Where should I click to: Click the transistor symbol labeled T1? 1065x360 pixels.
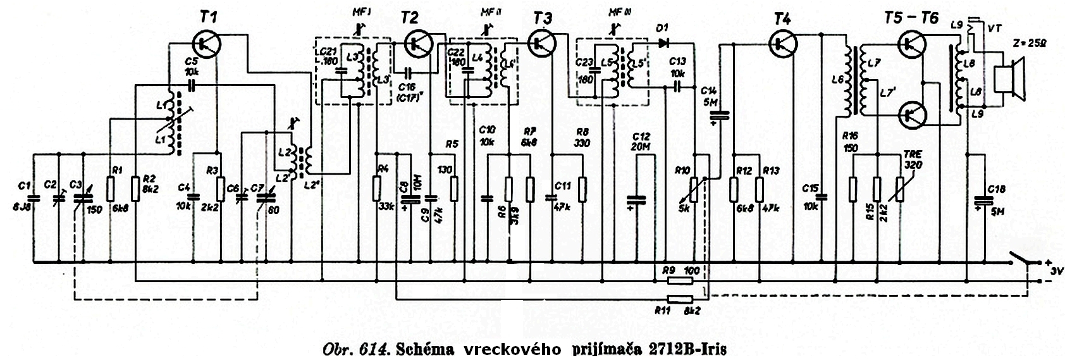click(x=206, y=43)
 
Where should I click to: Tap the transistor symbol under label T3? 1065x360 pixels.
click(x=541, y=43)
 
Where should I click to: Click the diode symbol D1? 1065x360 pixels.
click(x=663, y=43)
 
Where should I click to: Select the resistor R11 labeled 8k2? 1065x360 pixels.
click(x=680, y=299)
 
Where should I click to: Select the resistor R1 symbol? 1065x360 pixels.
click(x=111, y=188)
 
